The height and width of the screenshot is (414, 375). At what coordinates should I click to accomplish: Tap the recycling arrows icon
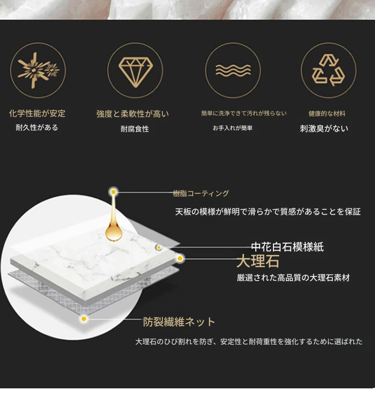(328, 70)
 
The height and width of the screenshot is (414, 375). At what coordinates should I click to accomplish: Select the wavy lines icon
(233, 70)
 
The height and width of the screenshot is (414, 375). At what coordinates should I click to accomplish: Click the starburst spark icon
(38, 70)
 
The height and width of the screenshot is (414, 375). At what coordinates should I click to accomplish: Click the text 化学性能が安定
(37, 113)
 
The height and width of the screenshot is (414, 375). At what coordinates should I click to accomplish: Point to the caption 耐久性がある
(37, 128)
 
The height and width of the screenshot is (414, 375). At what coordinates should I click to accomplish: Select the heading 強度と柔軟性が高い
(132, 114)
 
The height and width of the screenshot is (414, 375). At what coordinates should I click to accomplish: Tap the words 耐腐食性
(135, 129)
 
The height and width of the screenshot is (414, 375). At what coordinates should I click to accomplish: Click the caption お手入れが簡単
(233, 128)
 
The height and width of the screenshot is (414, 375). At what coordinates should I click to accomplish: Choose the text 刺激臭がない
(324, 129)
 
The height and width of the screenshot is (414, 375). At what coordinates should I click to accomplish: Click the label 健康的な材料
(327, 113)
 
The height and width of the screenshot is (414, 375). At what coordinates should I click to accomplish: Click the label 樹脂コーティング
(201, 194)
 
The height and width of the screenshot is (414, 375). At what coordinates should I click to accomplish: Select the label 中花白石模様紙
(287, 247)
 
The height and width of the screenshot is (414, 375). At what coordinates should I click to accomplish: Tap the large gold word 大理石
(258, 262)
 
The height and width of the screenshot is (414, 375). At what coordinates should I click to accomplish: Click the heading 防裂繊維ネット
(179, 322)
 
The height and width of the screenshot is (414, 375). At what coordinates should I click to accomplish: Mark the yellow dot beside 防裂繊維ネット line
(84, 319)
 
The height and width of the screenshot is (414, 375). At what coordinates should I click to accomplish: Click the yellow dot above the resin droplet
(113, 192)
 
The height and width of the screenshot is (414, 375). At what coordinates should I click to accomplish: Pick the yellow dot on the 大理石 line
(180, 258)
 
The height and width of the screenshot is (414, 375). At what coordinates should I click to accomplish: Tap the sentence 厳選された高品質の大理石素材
(293, 278)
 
